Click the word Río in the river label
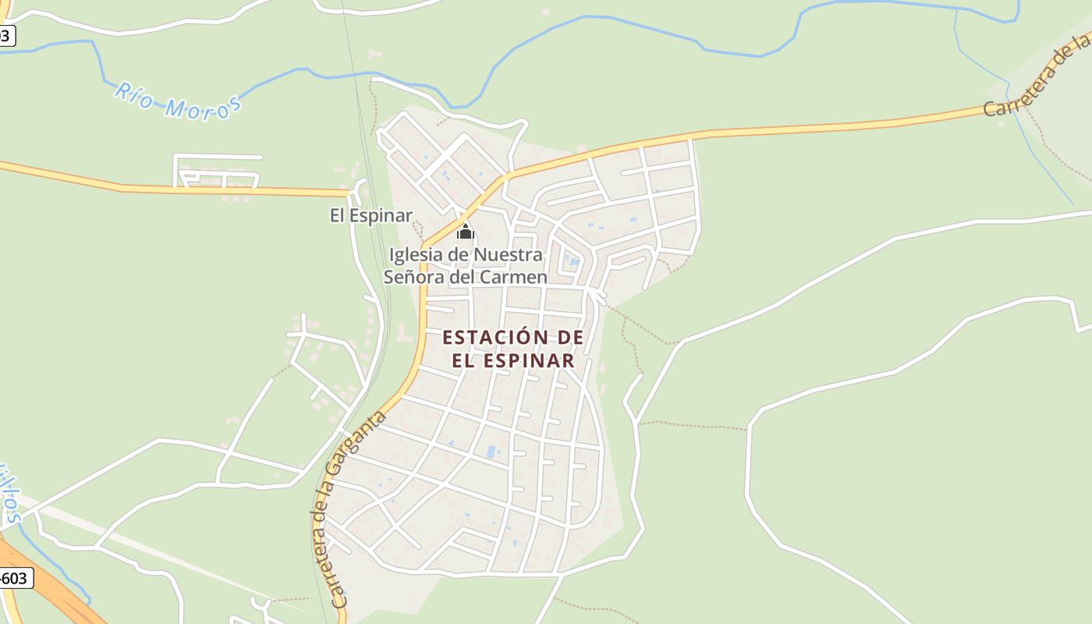[133, 94]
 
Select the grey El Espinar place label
[370, 215]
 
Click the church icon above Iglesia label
[465, 232]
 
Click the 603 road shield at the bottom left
[15, 578]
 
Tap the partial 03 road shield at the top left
[7, 35]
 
